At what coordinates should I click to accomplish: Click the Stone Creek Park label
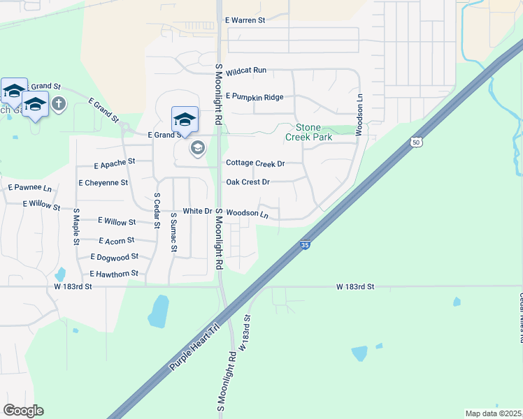pyautogui.click(x=308, y=133)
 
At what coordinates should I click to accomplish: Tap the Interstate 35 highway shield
pyautogui.click(x=304, y=245)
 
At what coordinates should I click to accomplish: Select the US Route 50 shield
pyautogui.click(x=416, y=142)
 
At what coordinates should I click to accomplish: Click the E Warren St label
pyautogui.click(x=245, y=20)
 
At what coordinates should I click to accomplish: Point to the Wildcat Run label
pyautogui.click(x=246, y=71)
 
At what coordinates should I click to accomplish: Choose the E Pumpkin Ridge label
pyautogui.click(x=255, y=97)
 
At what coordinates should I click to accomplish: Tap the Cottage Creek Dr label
pyautogui.click(x=255, y=163)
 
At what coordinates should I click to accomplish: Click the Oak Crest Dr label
pyautogui.click(x=248, y=182)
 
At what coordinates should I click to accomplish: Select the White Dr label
pyautogui.click(x=197, y=211)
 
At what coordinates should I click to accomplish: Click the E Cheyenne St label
pyautogui.click(x=103, y=182)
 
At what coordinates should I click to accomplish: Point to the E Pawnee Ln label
pyautogui.click(x=30, y=188)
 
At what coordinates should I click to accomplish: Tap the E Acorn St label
pyautogui.click(x=117, y=241)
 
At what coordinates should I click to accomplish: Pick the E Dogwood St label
pyautogui.click(x=115, y=258)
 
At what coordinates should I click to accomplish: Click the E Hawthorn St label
pyautogui.click(x=114, y=274)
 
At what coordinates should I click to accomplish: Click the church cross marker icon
pyautogui.click(x=59, y=104)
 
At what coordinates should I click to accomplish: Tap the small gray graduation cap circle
pyautogui.click(x=197, y=148)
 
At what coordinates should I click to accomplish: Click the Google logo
pyautogui.click(x=23, y=411)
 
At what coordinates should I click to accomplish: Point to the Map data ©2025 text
pyautogui.click(x=493, y=413)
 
